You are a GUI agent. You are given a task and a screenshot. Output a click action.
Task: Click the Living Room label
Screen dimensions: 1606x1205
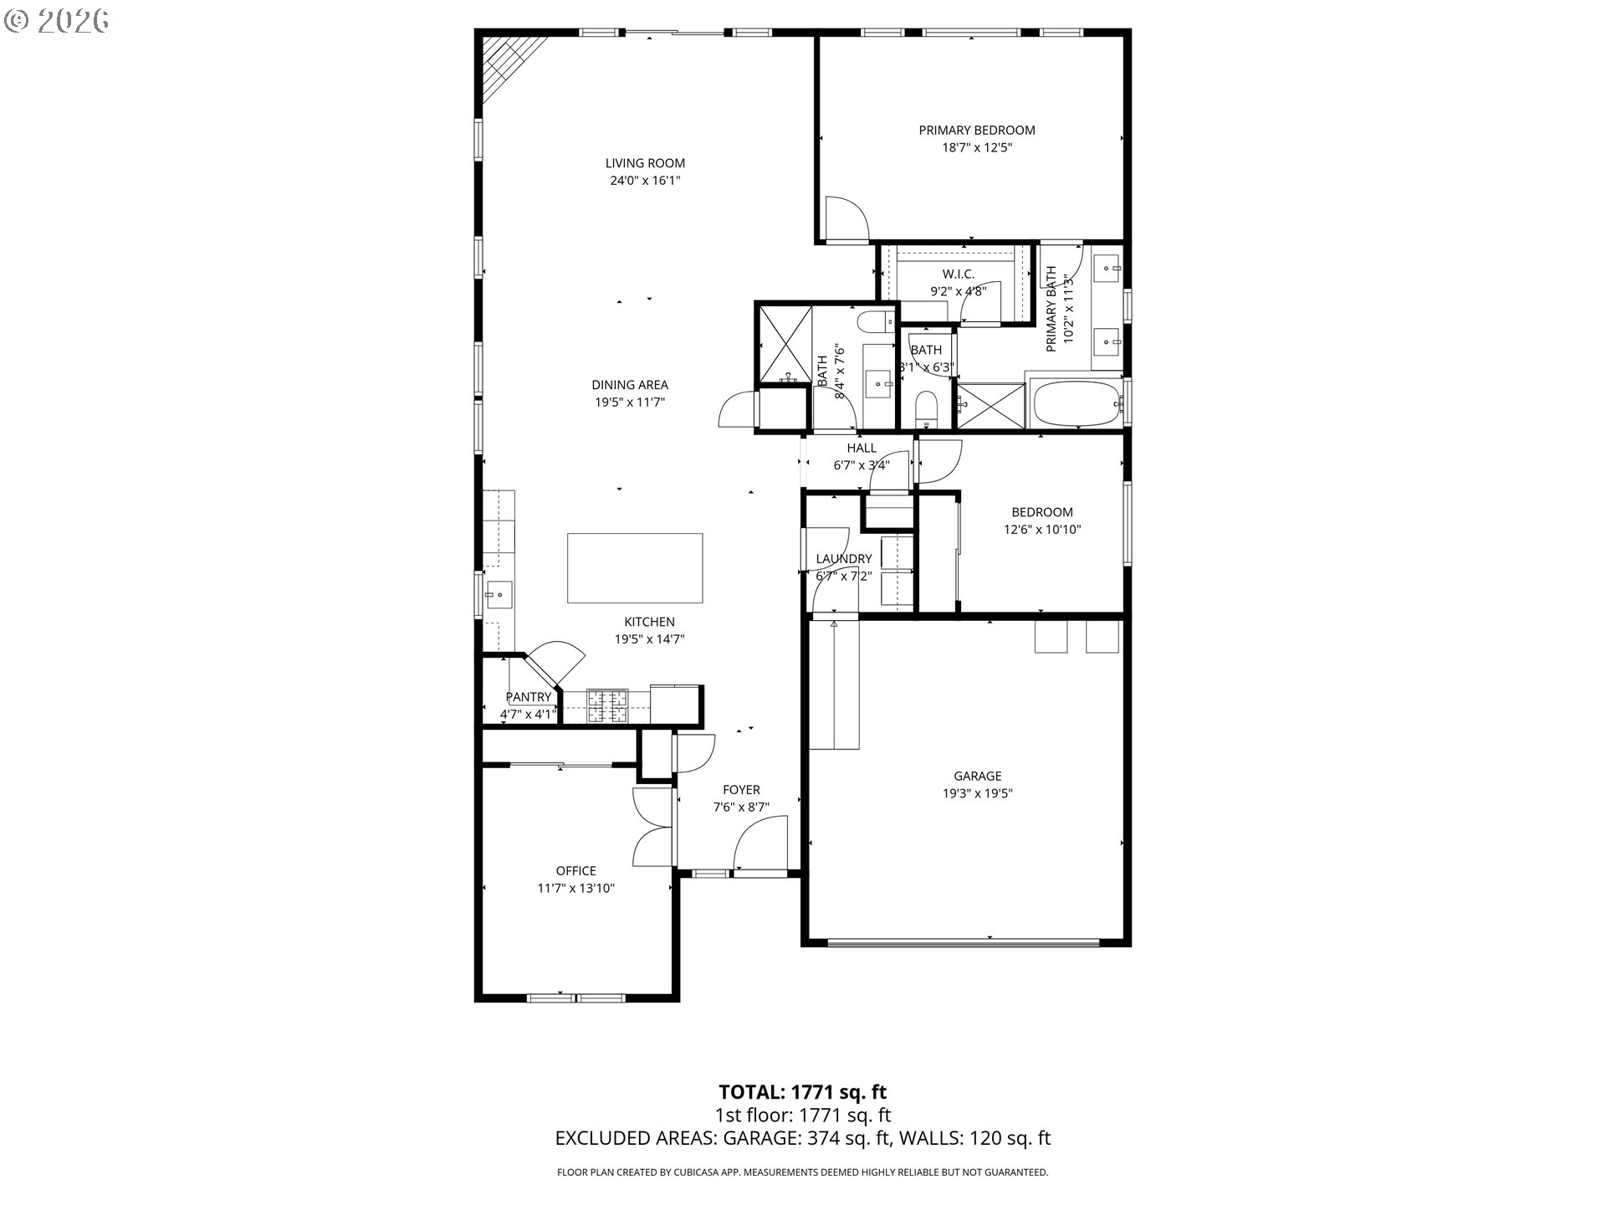645,163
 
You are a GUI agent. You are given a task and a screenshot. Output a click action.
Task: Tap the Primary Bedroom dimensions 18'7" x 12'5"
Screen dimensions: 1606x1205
977,148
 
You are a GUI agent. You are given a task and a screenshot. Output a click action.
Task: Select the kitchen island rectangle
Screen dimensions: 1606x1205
635,568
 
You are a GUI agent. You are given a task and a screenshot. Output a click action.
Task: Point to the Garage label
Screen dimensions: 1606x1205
977,777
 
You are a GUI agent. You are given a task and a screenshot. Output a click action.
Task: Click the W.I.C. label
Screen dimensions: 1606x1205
959,274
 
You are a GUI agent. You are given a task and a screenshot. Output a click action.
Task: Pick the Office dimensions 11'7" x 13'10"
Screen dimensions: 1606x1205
576,889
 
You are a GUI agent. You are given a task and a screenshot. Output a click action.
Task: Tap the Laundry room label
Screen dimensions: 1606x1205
844,559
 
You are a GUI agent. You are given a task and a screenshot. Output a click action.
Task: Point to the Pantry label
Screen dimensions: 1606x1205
529,697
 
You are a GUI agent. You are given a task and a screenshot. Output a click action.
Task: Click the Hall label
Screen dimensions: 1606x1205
862,449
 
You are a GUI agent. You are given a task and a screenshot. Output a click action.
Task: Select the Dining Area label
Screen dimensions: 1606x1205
630,385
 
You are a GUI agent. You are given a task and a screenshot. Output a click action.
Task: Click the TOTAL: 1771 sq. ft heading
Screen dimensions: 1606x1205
803,1092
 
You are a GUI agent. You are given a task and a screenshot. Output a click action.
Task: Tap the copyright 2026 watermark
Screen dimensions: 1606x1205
57,21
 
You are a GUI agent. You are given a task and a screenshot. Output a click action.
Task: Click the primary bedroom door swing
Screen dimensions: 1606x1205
846,218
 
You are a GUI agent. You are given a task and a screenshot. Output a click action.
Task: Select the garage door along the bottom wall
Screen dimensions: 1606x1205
963,943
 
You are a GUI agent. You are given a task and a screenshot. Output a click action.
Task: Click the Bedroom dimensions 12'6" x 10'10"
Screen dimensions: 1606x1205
1042,530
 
